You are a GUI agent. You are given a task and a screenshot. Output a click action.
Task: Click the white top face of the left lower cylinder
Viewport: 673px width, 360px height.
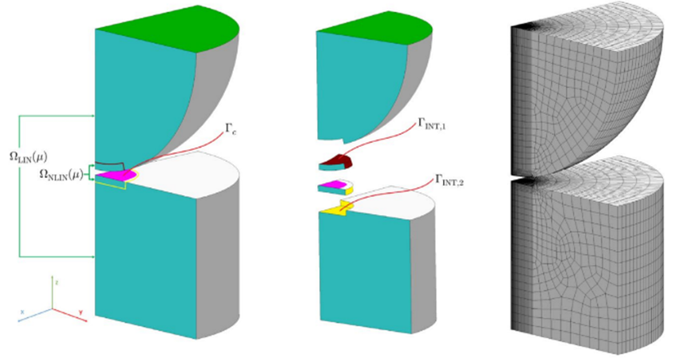coord(192,168)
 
